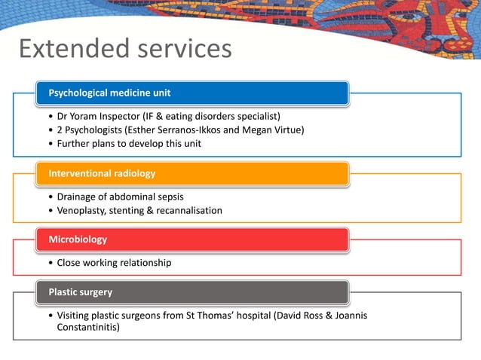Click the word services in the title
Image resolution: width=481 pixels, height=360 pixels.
pyautogui.click(x=179, y=49)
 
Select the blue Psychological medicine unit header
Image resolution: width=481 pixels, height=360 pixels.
pyautogui.click(x=193, y=93)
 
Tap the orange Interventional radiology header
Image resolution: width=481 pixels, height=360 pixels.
pyautogui.click(x=193, y=173)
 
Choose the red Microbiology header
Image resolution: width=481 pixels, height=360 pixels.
pyautogui.click(x=193, y=239)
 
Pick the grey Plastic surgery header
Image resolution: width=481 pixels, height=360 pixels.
pyautogui.click(x=193, y=291)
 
